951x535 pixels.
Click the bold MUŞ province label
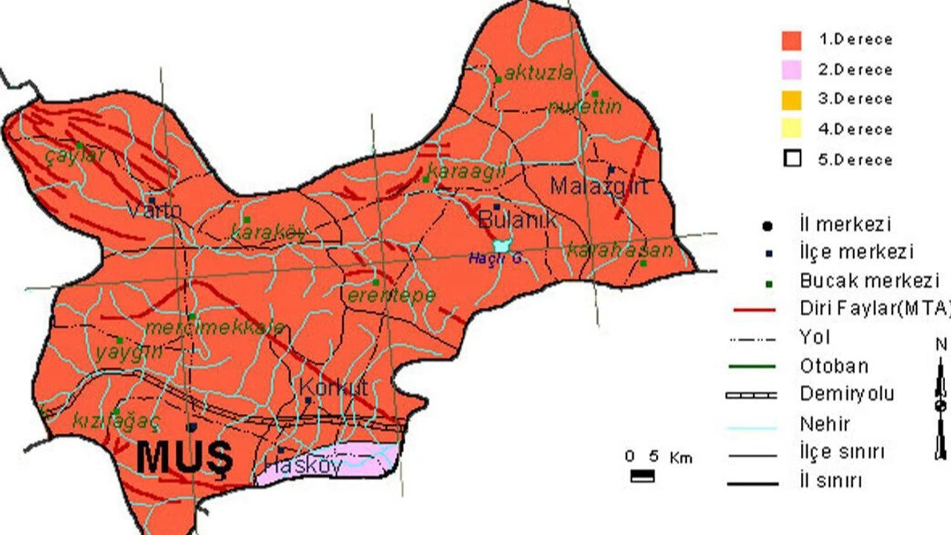(185, 458)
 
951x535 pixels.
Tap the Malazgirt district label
(599, 186)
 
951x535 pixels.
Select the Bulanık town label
(517, 220)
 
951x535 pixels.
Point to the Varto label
(155, 211)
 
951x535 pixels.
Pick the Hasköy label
(303, 466)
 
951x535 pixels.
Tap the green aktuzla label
(539, 73)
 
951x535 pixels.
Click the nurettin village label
(585, 107)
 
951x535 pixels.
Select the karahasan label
(620, 250)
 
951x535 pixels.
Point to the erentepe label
(392, 295)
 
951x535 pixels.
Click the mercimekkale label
(215, 328)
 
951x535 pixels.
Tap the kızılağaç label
(117, 421)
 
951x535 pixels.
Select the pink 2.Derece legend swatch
(792, 70)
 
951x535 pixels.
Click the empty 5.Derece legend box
(793, 158)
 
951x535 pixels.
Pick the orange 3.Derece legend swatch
(792, 99)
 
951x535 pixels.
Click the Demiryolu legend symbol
(751, 395)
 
